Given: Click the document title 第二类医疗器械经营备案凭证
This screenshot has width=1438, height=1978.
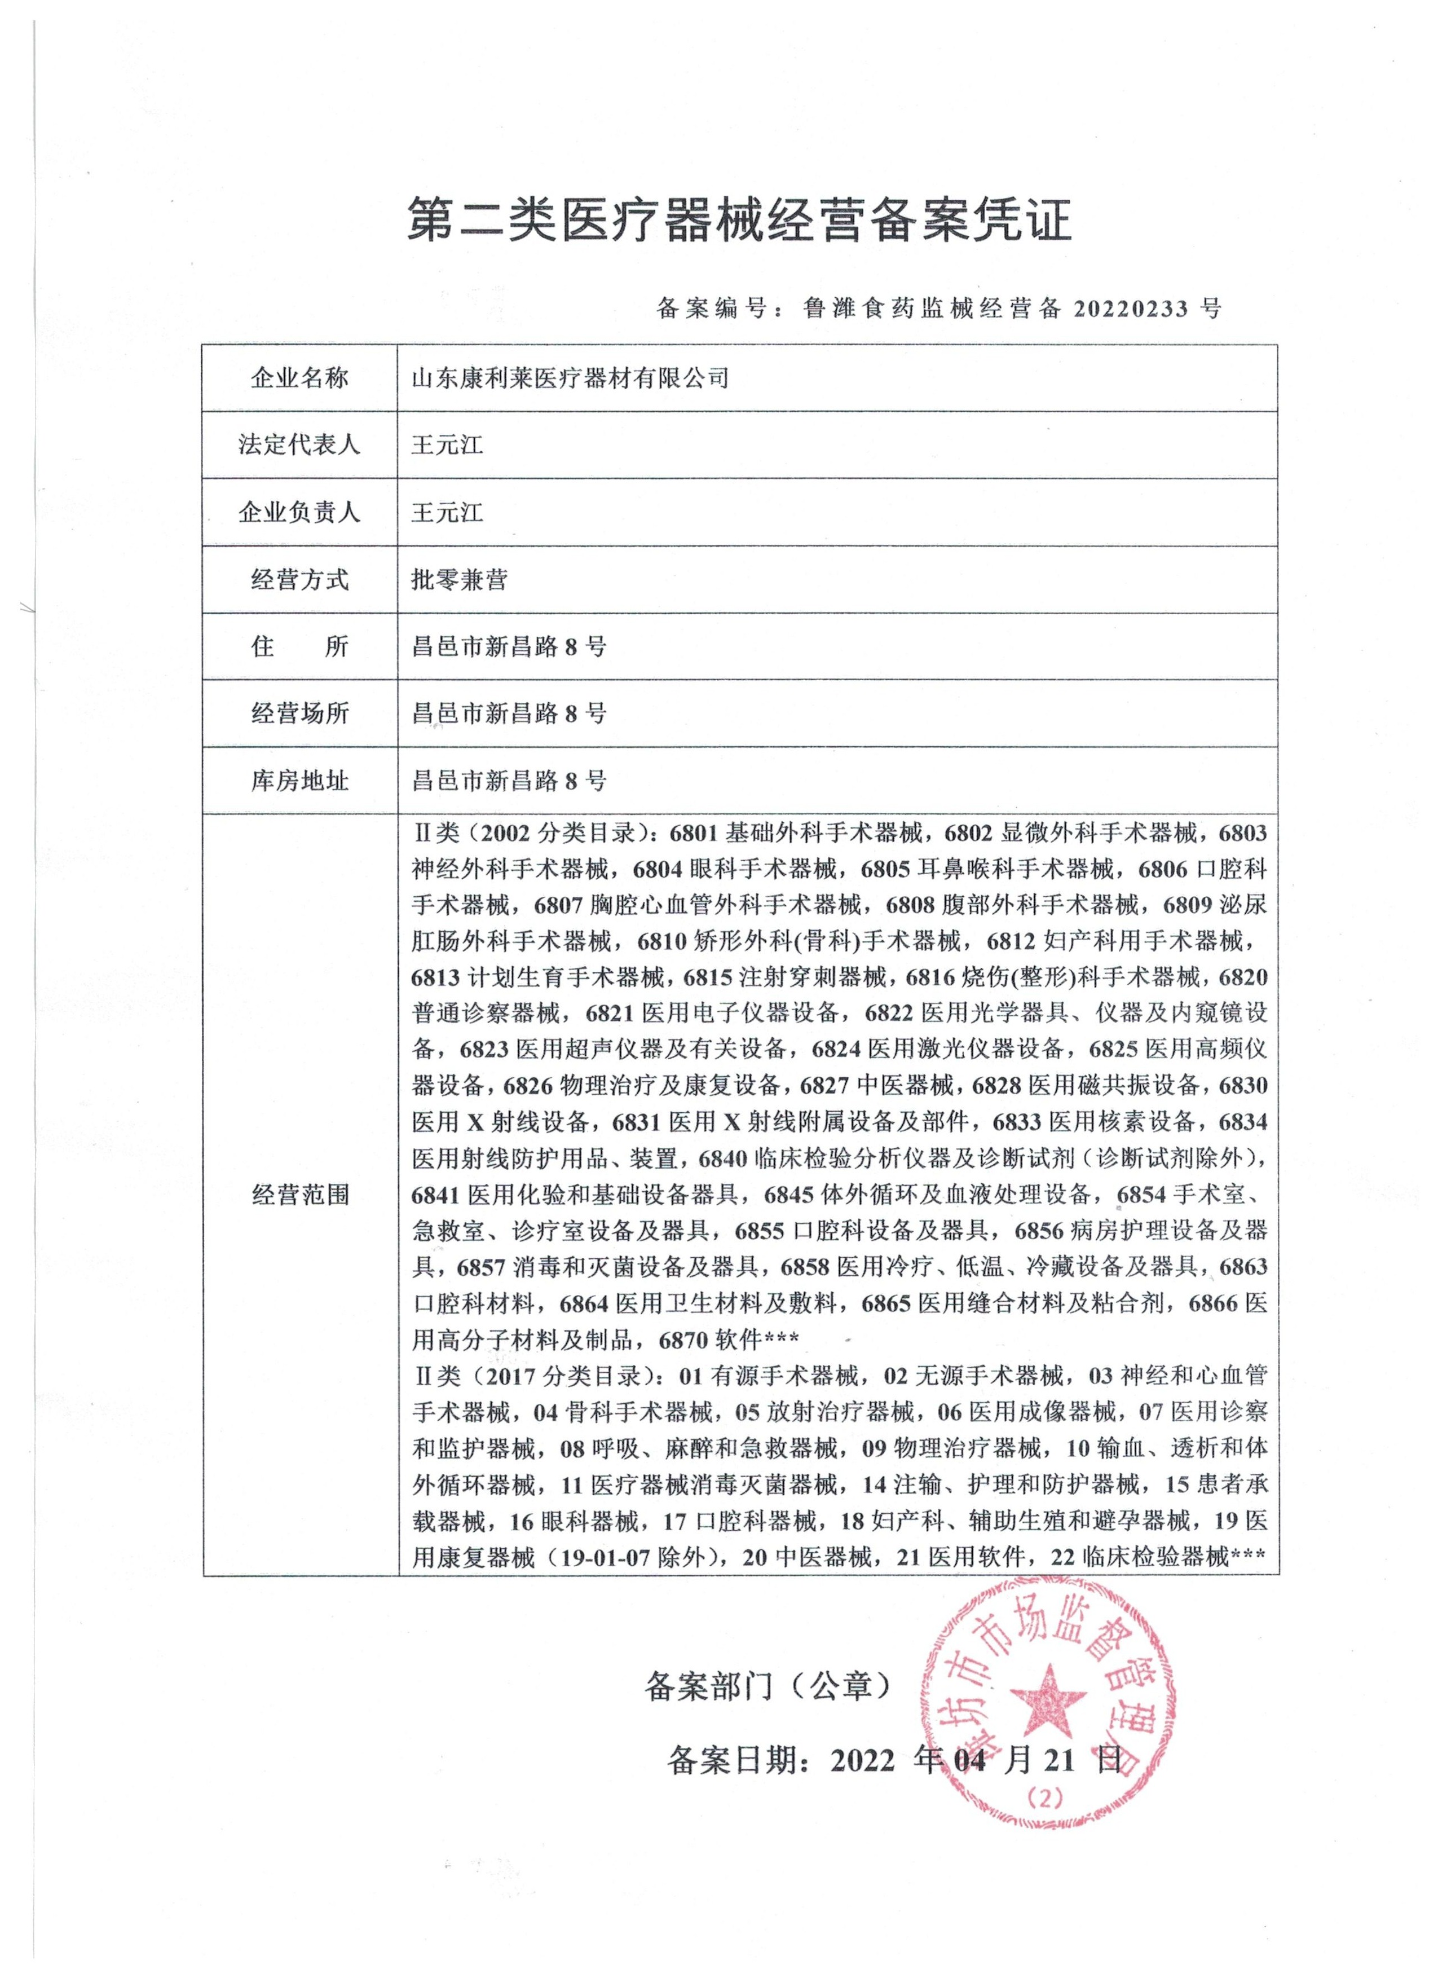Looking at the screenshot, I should pyautogui.click(x=739, y=219).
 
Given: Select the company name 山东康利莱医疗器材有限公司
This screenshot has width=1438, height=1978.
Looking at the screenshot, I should pyautogui.click(x=570, y=378).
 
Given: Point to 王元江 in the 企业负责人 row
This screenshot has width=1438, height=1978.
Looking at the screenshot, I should pyautogui.click(x=447, y=512).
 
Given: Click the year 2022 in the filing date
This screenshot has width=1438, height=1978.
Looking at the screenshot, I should pyautogui.click(x=862, y=1761).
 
